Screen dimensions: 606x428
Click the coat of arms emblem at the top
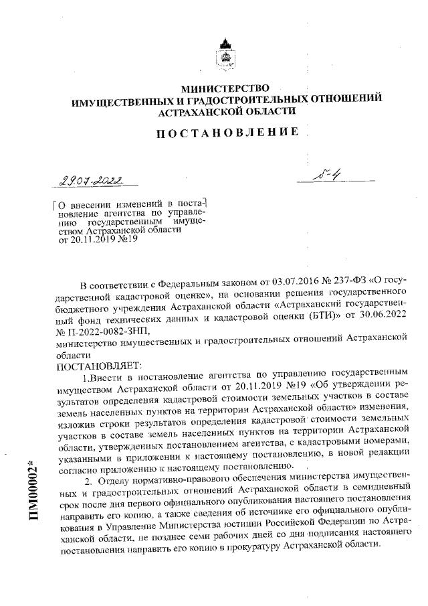click(x=225, y=56)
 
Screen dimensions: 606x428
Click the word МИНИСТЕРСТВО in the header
click(x=225, y=88)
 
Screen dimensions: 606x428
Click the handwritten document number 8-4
click(x=328, y=176)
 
